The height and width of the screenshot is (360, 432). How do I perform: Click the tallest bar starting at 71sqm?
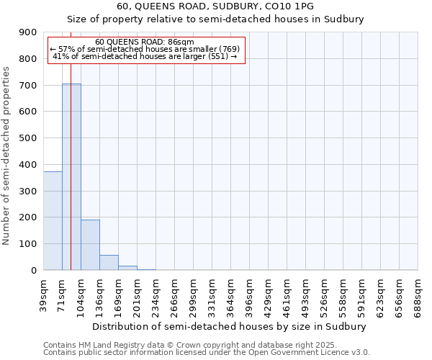[x=71, y=176]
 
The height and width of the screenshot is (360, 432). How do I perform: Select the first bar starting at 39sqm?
[x=53, y=220]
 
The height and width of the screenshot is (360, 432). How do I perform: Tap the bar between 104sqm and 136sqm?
[x=90, y=245]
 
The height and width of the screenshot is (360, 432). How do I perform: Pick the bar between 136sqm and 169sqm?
[x=109, y=263]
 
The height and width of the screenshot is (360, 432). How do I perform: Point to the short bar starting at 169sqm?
[x=127, y=268]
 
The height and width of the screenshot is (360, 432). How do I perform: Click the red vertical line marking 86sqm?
[x=71, y=144]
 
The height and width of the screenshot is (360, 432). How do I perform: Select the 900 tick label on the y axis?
[x=29, y=32]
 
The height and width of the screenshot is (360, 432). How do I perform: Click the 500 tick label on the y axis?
[x=29, y=138]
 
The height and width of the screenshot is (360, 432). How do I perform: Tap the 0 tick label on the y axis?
[x=34, y=270]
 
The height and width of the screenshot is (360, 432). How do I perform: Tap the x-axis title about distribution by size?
[x=230, y=326]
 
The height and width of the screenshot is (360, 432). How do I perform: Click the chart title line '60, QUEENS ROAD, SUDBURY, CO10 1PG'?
[x=215, y=6]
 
